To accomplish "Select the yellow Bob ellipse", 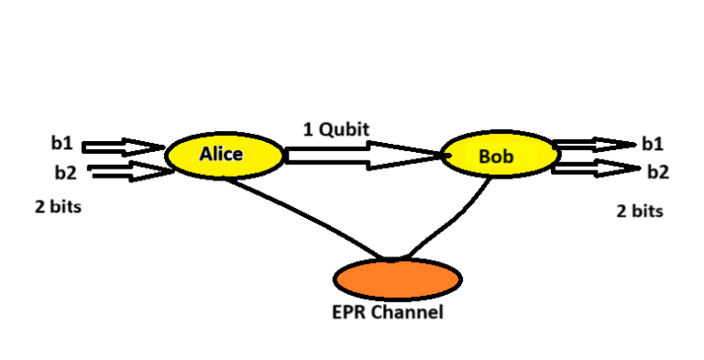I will point(499,156).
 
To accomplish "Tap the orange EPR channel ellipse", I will point(396,278).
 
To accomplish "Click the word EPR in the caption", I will point(348,312).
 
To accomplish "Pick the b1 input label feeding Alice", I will point(61,144).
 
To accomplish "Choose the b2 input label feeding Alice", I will point(65,169).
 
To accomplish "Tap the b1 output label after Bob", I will point(653,144).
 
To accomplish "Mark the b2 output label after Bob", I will point(657,171).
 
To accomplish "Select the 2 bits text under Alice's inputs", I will point(58,207).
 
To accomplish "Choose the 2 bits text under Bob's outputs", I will point(639,211).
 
